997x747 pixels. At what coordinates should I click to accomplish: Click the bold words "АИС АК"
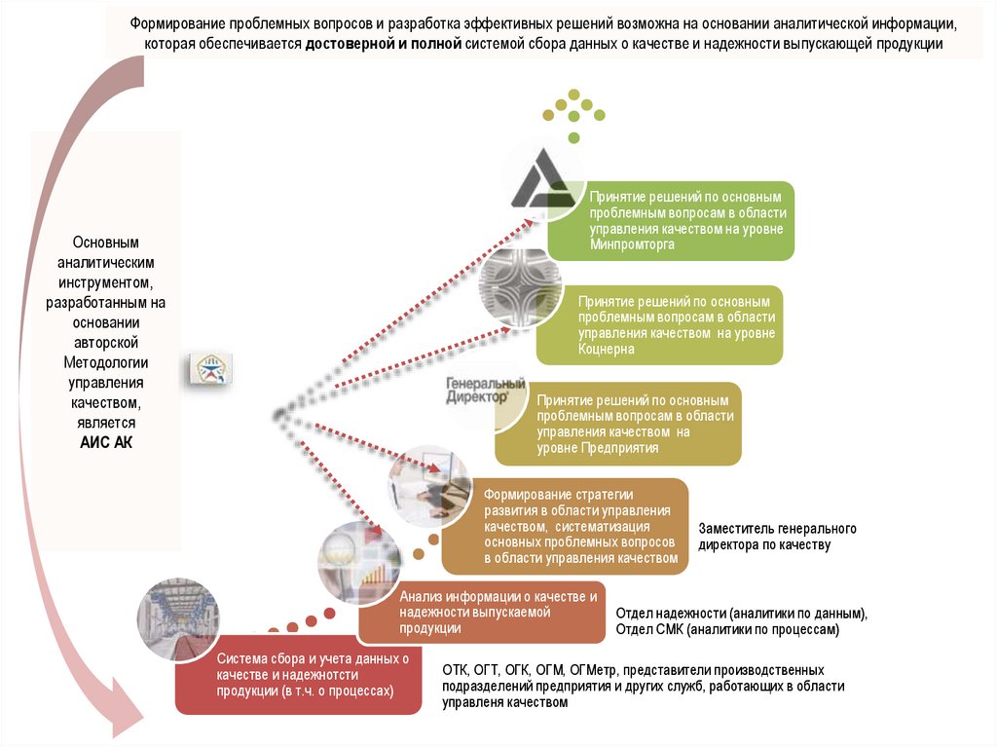[105, 442]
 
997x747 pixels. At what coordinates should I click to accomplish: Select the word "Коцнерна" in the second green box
[607, 349]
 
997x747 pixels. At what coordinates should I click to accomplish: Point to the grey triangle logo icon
[545, 184]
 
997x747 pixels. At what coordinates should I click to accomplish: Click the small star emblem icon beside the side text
[210, 368]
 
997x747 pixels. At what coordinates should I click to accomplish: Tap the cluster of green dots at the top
[574, 112]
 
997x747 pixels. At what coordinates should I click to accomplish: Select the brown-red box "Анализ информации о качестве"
[482, 613]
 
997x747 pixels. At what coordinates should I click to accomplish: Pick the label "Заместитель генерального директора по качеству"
[777, 537]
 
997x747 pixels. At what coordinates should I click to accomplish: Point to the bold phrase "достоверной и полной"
[382, 45]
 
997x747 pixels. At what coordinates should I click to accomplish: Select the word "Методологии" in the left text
[105, 362]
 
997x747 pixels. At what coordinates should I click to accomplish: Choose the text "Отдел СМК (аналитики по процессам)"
[726, 630]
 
